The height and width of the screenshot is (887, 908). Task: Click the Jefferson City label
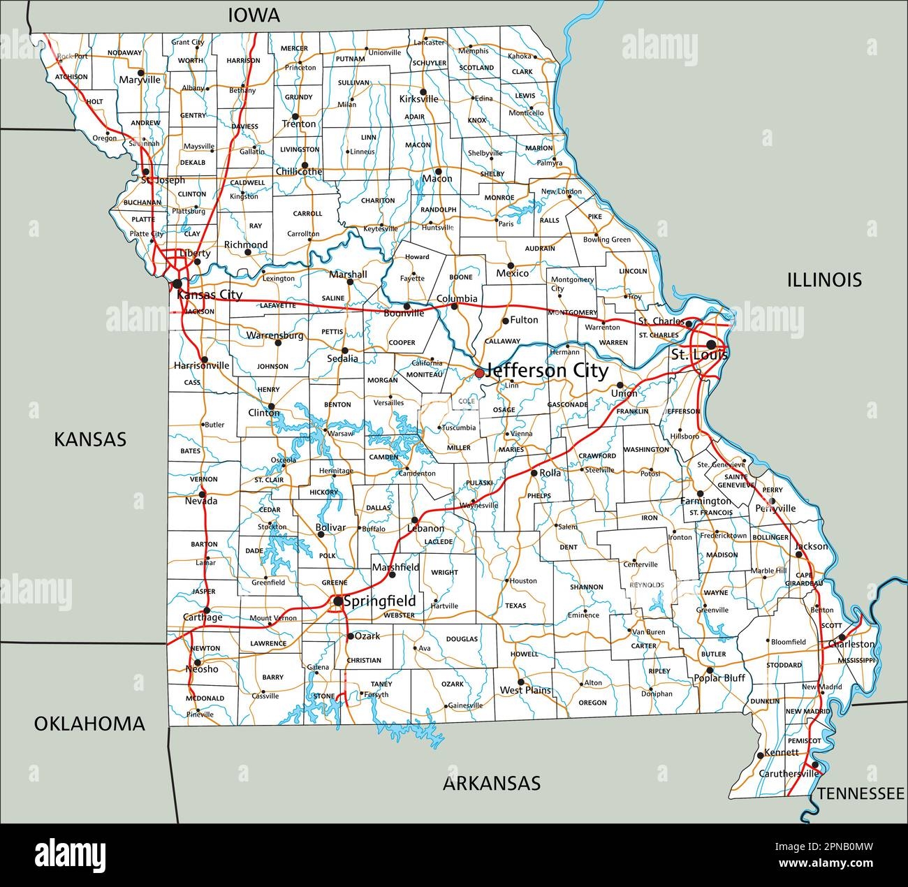(x=546, y=370)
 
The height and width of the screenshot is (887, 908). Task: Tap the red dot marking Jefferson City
(x=479, y=374)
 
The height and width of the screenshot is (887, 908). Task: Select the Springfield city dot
(x=338, y=601)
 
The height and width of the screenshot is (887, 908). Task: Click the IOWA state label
(x=254, y=15)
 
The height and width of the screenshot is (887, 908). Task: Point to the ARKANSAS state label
(x=492, y=783)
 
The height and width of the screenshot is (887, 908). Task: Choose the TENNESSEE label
(x=861, y=793)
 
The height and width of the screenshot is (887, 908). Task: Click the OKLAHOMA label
(x=90, y=724)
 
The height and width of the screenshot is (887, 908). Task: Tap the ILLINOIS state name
(x=824, y=280)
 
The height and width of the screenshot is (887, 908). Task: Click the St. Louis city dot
(x=711, y=344)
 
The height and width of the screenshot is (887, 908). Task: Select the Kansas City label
(x=209, y=295)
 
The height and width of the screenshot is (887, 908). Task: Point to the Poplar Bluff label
(x=719, y=678)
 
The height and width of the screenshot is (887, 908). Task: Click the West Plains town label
(x=525, y=690)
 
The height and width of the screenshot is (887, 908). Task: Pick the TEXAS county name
(x=515, y=606)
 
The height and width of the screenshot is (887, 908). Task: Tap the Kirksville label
(x=418, y=99)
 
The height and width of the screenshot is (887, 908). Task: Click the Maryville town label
(x=140, y=80)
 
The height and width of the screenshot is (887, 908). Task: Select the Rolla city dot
(x=534, y=473)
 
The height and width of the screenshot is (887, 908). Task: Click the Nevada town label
(x=201, y=501)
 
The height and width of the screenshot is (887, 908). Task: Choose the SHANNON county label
(x=586, y=587)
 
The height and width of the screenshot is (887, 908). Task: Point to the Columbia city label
(x=457, y=298)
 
